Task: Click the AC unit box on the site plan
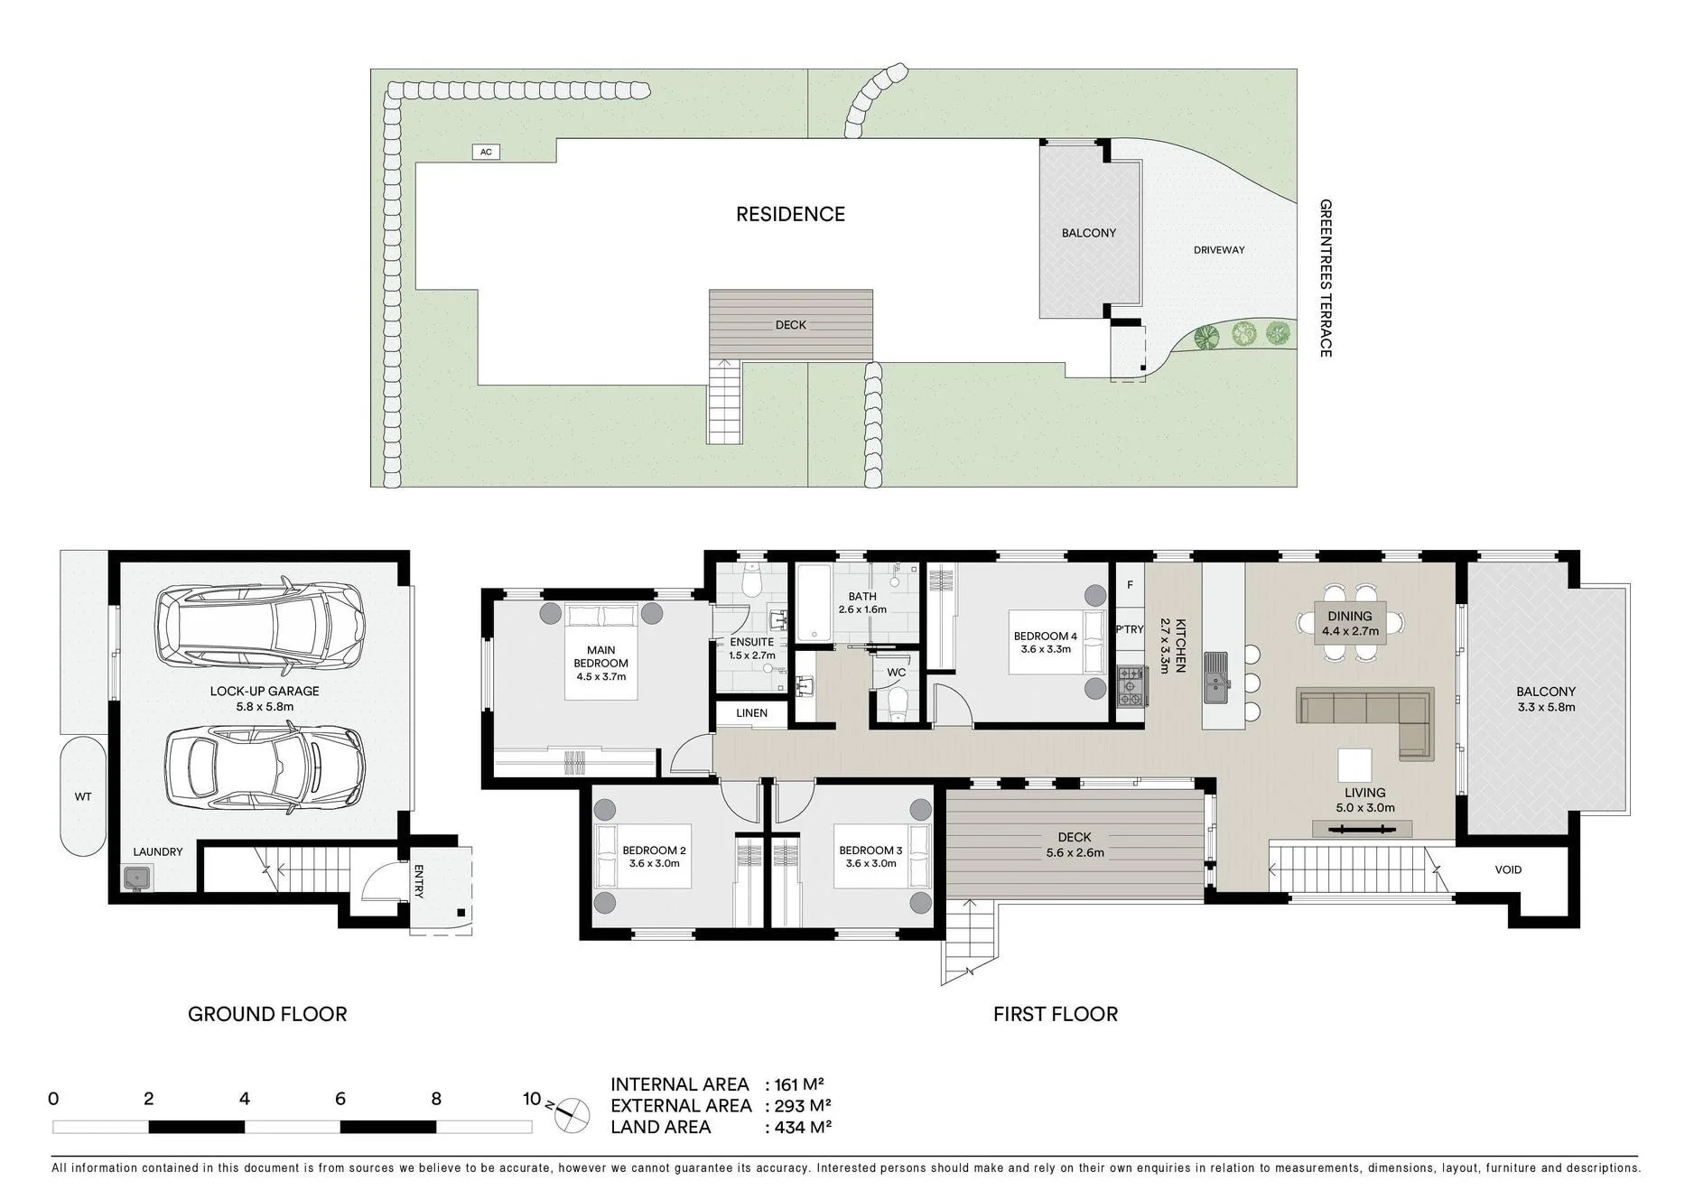click(x=486, y=152)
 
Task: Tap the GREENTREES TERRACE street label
click(x=1326, y=278)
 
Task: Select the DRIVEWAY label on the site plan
click(x=1219, y=250)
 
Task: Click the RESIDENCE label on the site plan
click(x=790, y=214)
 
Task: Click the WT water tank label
click(x=83, y=796)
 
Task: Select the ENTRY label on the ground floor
click(x=418, y=881)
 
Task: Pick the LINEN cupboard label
click(x=751, y=713)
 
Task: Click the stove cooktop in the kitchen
click(x=1131, y=686)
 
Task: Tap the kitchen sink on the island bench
click(x=1217, y=677)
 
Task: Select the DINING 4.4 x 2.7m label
click(x=1350, y=624)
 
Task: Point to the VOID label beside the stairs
click(x=1508, y=869)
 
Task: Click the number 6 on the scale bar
click(x=340, y=1099)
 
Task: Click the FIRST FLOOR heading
click(x=1056, y=1014)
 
